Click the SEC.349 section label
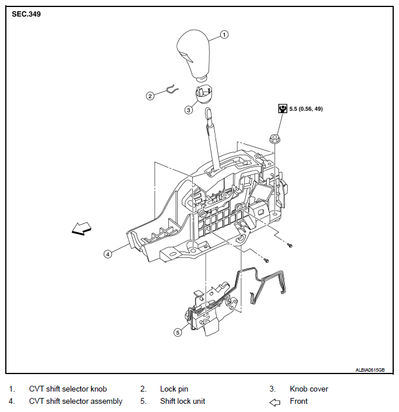coord(26,14)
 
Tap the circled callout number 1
coord(224,34)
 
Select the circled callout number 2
coord(150,96)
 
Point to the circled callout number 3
coord(188,110)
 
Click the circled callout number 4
coord(108,254)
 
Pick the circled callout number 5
coord(178,333)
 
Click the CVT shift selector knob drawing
coord(193,55)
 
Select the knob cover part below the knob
coord(204,94)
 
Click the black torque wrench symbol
coord(283,109)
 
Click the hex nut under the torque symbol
coord(274,138)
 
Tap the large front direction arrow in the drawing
coord(82,229)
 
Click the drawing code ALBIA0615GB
coord(370,370)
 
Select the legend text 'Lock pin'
coord(174,389)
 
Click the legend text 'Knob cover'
coord(309,389)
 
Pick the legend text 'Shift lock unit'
coord(182,401)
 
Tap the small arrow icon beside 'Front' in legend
coord(275,402)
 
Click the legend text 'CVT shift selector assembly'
coord(76,401)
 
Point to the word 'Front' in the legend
coord(299,401)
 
